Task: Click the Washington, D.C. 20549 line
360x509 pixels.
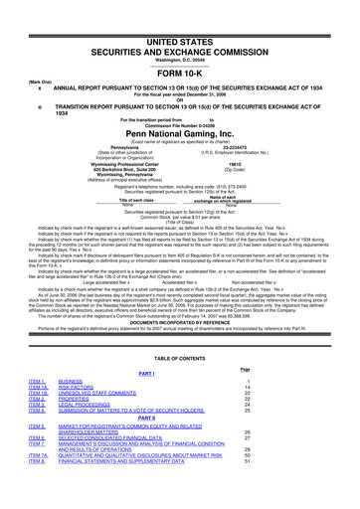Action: pyautogui.click(x=180, y=32)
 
